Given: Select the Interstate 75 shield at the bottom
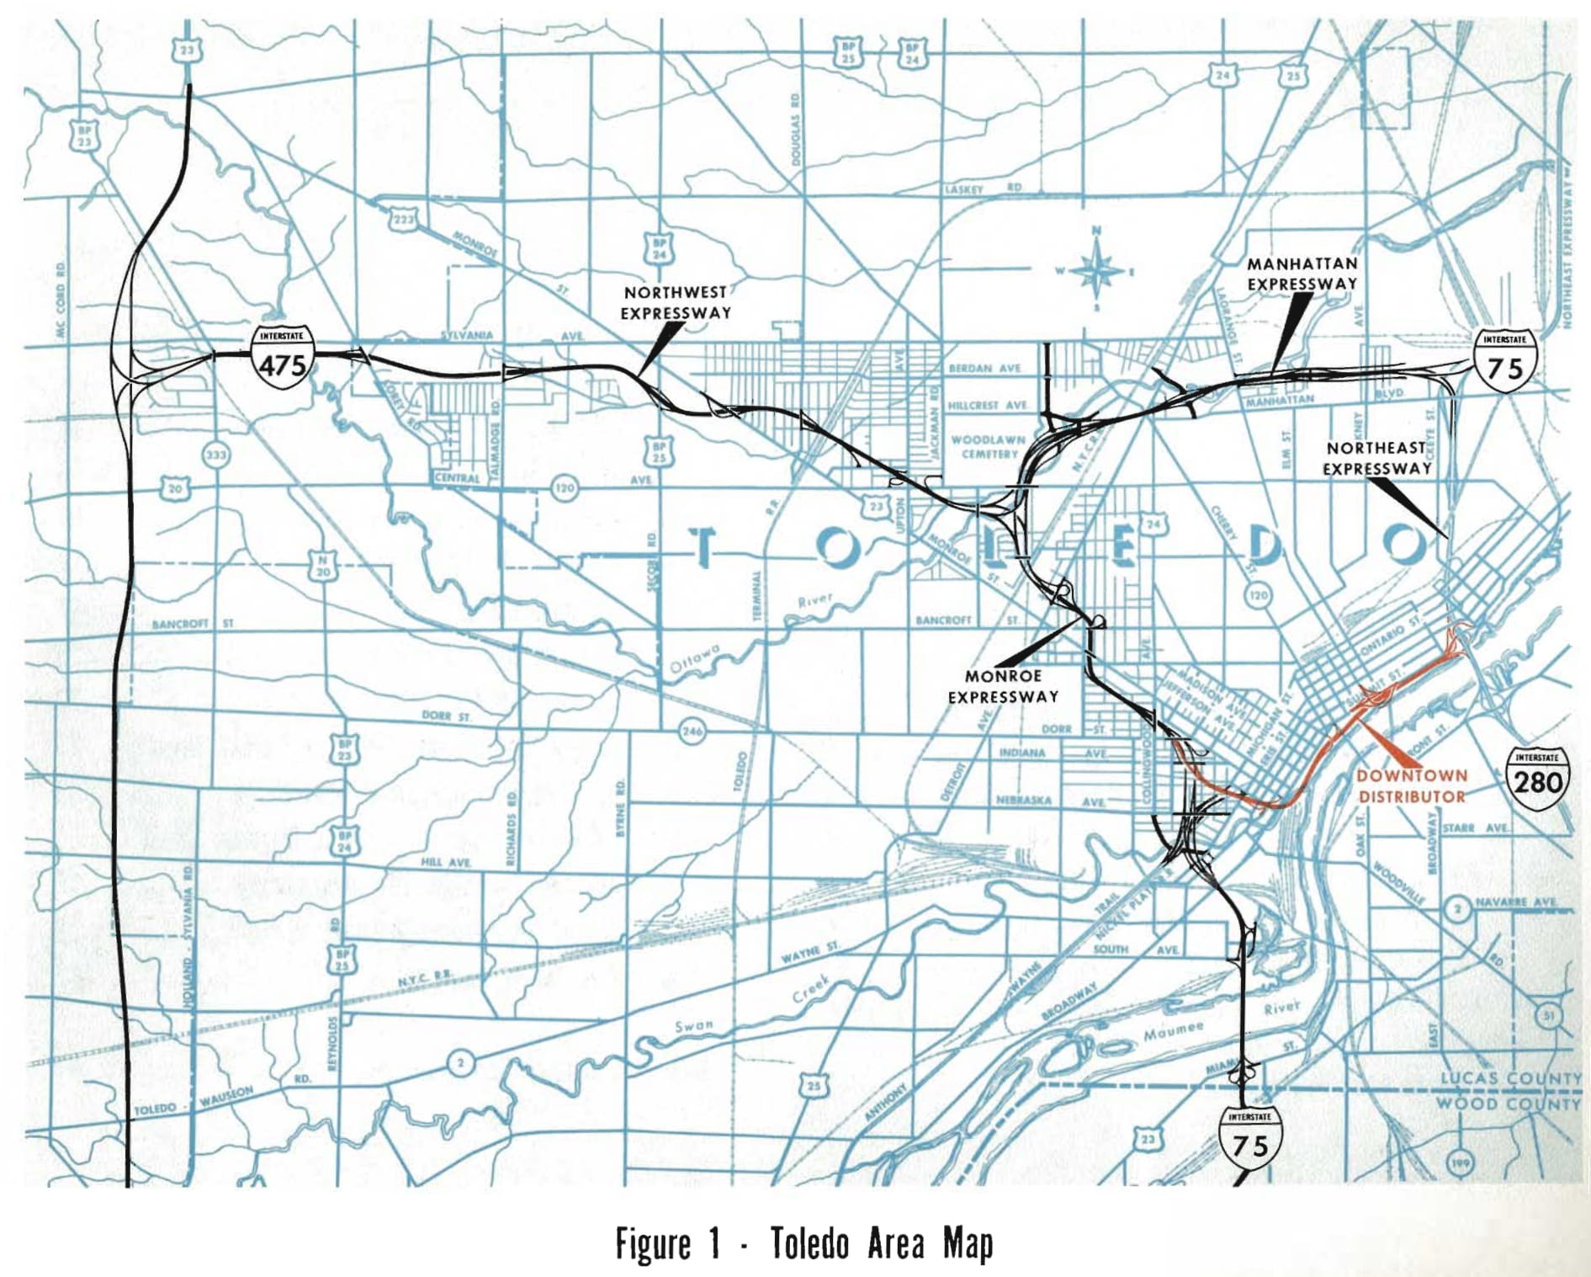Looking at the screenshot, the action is click(x=1249, y=1138).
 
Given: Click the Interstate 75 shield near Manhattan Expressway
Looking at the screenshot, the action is click(x=1504, y=362).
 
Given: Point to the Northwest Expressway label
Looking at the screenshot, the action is click(x=676, y=302).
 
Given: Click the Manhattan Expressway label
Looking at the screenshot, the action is click(x=1302, y=274).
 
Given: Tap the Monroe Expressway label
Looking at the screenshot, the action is click(x=1003, y=686).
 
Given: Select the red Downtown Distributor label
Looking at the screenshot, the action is click(x=1411, y=785).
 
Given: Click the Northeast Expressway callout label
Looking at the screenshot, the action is click(x=1376, y=458).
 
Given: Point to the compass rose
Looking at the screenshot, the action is click(x=1096, y=270).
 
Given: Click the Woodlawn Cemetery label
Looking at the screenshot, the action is click(x=989, y=446).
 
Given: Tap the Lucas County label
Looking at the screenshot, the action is click(x=1509, y=1078).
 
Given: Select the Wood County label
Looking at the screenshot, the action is click(x=1508, y=1103).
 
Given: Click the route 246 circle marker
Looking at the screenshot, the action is click(x=692, y=731).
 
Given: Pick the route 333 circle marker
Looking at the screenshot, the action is click(x=216, y=455).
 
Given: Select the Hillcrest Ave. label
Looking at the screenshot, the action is click(x=988, y=405).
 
